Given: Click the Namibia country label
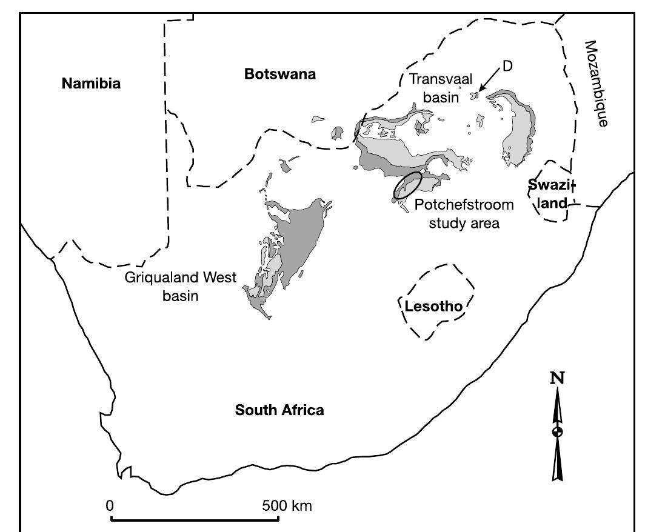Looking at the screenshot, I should coord(91,84).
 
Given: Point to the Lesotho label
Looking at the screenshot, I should coord(433,307).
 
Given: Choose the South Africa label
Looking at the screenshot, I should coord(279,410).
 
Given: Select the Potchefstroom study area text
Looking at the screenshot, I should coord(464,213).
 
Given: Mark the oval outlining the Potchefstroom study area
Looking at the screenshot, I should coord(407,185).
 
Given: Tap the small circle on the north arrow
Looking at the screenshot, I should coord(557,431).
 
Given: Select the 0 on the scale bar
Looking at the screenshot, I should coord(110,505).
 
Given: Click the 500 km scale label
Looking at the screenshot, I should coord(287,505).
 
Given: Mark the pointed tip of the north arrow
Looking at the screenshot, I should coord(557,391).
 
